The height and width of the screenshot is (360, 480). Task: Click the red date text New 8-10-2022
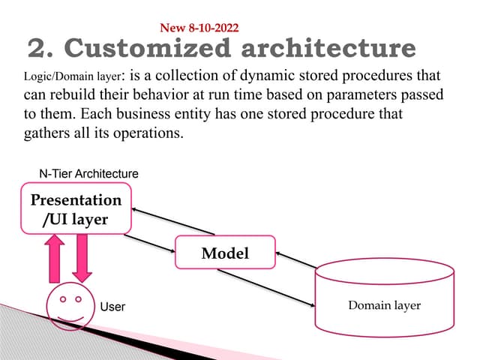(199, 28)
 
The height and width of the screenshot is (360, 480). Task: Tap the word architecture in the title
(328, 49)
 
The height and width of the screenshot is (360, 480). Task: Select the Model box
(225, 253)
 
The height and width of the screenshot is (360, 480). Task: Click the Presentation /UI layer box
(75, 209)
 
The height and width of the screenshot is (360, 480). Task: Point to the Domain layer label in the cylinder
(385, 305)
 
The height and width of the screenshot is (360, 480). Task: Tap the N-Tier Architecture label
(88, 173)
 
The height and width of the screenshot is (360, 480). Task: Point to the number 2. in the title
(37, 49)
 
